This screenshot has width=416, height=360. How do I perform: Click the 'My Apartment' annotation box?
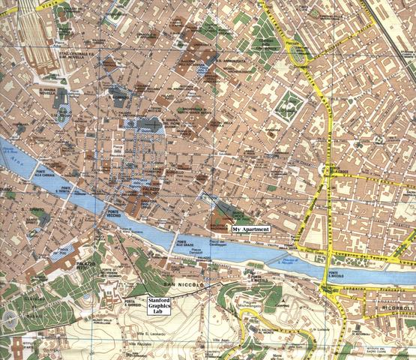click(x=250, y=228)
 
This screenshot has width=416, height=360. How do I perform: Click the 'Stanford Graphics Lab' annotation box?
click(x=159, y=305)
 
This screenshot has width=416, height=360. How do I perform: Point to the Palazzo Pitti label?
click(x=88, y=267)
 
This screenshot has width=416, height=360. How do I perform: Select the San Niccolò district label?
click(x=180, y=286)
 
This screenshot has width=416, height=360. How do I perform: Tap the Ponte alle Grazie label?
click(x=185, y=243)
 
